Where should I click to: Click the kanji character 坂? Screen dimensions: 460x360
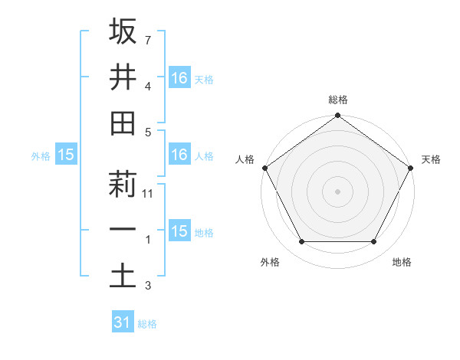coord(123,31)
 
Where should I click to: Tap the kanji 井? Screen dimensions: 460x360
coord(123,77)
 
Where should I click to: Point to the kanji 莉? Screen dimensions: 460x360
coord(123,185)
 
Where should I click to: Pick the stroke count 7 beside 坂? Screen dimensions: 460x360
coord(147,39)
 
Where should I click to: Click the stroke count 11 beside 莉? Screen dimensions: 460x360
coord(149,194)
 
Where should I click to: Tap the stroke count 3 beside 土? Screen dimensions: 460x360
coord(147,286)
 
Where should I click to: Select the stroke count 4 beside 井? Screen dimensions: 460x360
coord(147,87)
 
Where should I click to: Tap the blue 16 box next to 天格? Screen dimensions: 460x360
coord(179,77)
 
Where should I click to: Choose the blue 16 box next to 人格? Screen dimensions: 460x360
coord(179,155)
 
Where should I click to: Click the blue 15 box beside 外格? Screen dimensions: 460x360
coord(66,155)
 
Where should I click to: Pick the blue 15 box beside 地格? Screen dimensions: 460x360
coord(179,231)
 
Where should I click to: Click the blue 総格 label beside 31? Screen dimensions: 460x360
coord(147,324)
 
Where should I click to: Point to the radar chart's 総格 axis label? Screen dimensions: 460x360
coord(337,100)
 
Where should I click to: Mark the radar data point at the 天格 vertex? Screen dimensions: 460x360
coord(411,167)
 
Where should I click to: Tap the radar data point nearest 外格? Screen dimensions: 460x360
coord(301,242)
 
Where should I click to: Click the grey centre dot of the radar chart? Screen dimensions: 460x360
coord(337,191)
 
